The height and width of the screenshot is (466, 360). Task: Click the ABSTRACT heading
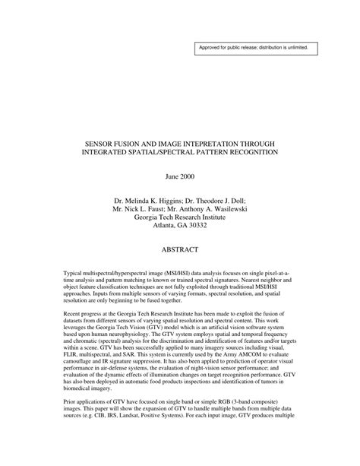179,249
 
